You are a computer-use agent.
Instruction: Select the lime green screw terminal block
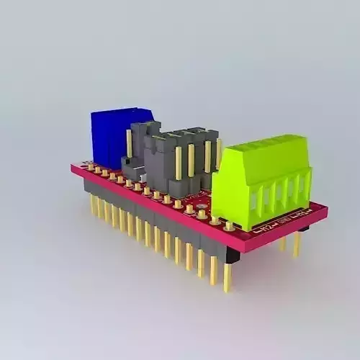coord(263,184)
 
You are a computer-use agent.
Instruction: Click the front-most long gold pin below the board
coord(228,277)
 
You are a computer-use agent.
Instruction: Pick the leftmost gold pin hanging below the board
coord(93,206)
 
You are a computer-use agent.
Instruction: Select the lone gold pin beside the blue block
coord(130,143)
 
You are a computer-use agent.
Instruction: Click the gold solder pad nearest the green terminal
coord(229,225)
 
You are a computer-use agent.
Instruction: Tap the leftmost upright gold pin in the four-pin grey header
coord(178,163)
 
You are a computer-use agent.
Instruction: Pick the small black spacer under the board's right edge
coord(303,229)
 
